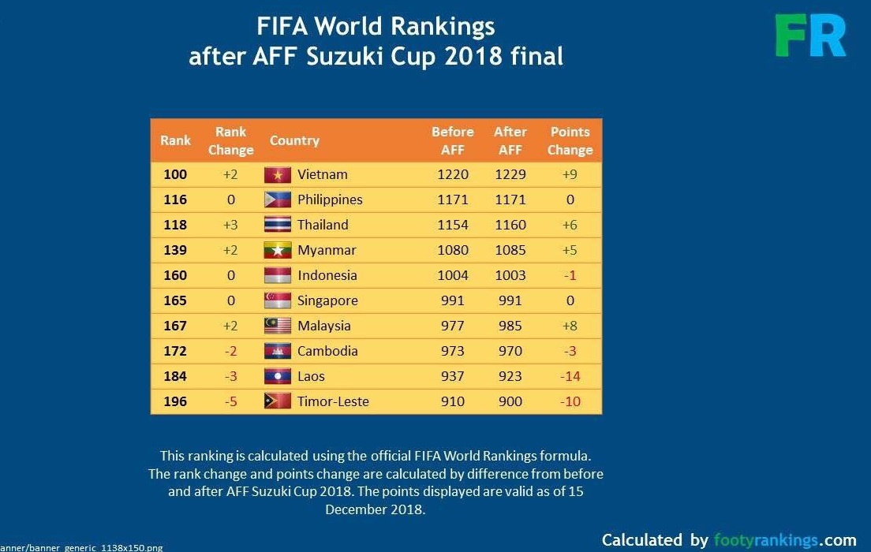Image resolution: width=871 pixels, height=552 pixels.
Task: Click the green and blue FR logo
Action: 810,35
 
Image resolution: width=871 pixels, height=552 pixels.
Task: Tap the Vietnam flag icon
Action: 278,175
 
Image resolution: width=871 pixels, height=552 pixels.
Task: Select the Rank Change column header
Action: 230,141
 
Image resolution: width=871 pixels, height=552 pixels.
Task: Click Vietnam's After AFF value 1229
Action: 510,174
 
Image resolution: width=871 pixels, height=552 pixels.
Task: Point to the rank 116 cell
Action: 175,200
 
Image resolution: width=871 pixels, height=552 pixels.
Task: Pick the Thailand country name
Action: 323,225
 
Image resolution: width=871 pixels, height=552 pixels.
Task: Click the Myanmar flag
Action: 278,251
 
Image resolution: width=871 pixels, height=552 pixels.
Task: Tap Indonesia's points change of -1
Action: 570,275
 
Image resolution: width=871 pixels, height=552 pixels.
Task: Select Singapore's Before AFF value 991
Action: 453,300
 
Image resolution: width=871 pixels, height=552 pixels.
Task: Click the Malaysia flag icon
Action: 278,326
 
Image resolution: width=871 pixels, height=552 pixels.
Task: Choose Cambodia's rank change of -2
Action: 230,351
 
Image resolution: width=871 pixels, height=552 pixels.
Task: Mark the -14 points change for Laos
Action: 570,376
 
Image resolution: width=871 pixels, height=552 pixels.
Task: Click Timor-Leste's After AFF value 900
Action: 510,401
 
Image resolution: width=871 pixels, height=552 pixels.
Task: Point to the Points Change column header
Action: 570,141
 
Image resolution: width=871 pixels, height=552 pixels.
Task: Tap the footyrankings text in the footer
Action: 765,540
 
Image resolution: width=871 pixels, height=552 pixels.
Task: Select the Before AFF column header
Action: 453,141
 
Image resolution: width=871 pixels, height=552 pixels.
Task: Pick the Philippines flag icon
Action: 278,200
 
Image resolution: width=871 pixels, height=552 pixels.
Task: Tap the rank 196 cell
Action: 175,401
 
